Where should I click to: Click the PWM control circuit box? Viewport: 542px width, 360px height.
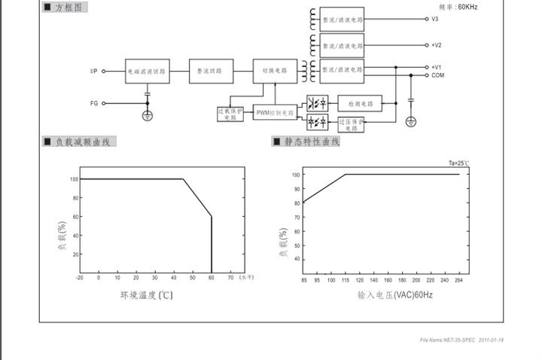[275, 112]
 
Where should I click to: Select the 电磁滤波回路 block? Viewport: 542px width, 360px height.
[147, 72]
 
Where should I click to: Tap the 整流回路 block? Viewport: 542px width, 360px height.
[209, 72]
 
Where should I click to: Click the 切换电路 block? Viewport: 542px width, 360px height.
[275, 72]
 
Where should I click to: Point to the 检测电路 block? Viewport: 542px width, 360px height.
[360, 104]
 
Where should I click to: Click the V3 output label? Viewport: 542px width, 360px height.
[435, 19]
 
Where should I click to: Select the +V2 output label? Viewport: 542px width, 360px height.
[437, 45]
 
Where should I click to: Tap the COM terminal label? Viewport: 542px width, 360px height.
[437, 75]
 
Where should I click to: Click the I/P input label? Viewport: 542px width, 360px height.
[93, 72]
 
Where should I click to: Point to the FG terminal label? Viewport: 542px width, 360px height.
[94, 103]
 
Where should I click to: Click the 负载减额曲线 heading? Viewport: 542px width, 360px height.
[80, 142]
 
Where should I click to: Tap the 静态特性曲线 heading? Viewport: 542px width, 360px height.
[306, 142]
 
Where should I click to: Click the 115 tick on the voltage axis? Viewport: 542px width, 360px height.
[346, 280]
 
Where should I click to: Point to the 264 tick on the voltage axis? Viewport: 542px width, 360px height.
[458, 280]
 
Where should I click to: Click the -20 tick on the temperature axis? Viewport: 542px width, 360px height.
[80, 277]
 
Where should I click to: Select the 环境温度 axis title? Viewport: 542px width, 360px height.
[147, 295]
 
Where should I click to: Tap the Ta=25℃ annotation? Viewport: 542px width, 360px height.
[458, 163]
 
